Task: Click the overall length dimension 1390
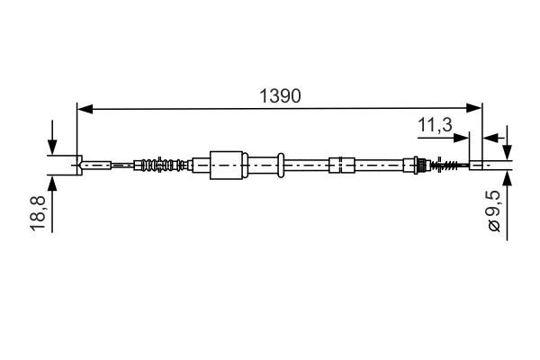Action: point(280,95)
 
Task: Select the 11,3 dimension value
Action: point(435,124)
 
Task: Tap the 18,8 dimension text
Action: point(38,212)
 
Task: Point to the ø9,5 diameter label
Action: point(494,211)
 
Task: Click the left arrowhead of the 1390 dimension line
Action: point(85,109)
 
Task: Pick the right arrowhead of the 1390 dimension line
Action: point(474,108)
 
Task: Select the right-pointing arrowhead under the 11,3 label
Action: point(461,138)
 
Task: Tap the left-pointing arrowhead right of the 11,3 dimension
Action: point(491,138)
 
